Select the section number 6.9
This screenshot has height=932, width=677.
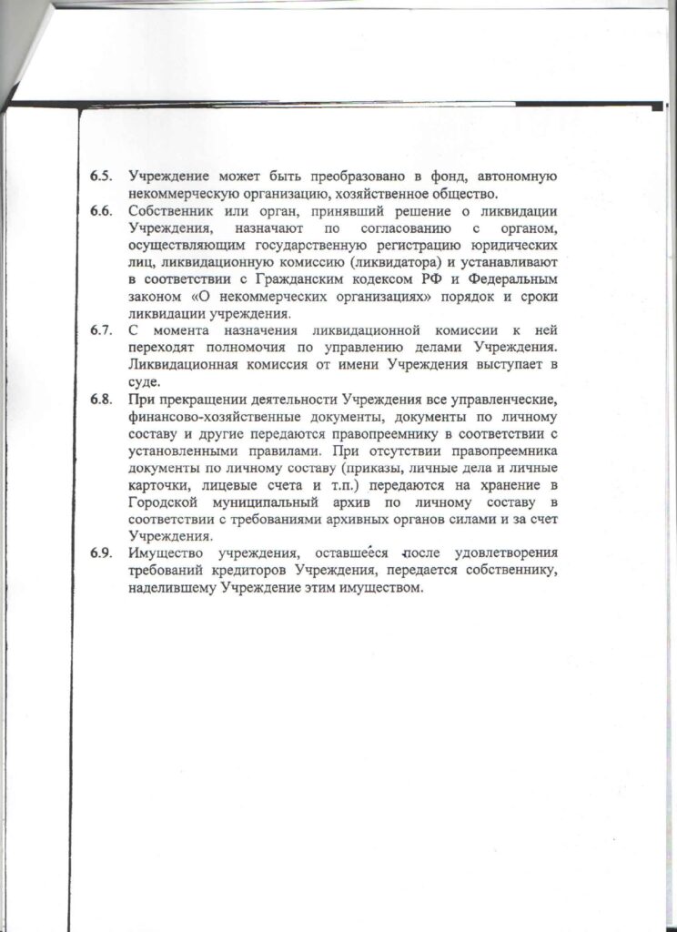coord(101,554)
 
